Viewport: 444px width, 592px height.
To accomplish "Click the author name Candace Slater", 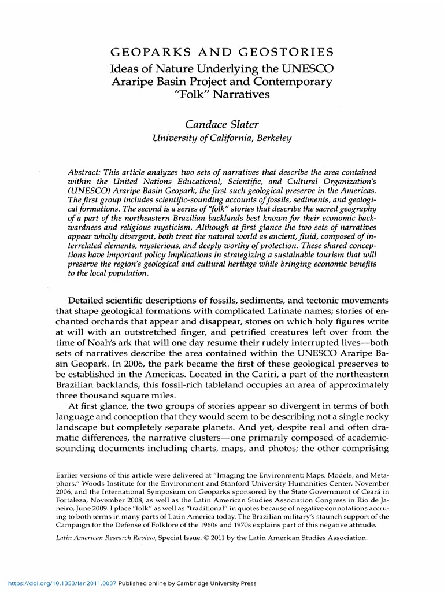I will point(222,124).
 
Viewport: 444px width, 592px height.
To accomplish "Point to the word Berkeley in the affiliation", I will point(272,138).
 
